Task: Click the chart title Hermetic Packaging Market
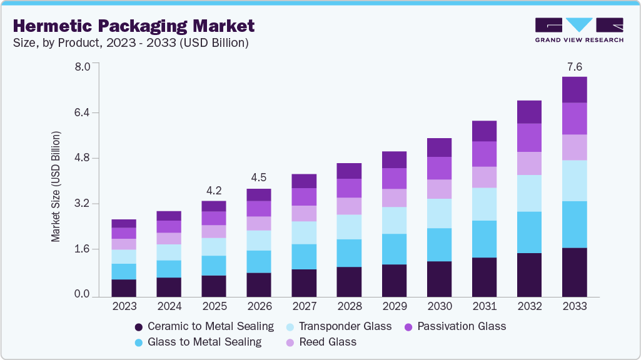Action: [134, 26]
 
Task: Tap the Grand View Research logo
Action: [579, 30]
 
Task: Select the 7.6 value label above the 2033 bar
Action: [574, 66]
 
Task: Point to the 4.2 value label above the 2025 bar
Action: [214, 190]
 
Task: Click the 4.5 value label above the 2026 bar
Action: [259, 177]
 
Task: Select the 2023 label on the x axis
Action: [124, 307]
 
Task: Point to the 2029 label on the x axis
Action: [394, 307]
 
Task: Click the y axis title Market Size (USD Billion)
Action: [56, 187]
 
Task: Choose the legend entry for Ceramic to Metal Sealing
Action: [204, 326]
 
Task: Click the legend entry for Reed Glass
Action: [321, 342]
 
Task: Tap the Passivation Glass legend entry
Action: [455, 326]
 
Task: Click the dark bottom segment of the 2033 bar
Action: [574, 272]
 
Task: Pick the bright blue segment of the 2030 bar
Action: [439, 244]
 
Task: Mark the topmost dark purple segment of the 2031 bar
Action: [484, 131]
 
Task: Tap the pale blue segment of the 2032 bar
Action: [529, 193]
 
